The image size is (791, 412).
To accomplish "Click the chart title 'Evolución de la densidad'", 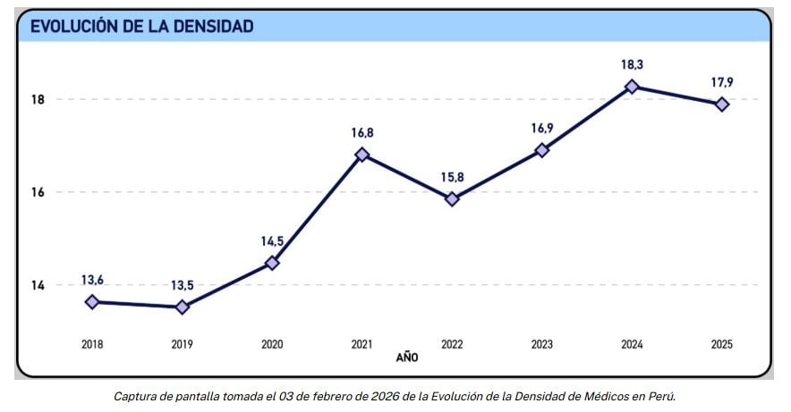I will tap(142, 26).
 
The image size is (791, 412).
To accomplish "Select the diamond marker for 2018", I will tap(92, 302).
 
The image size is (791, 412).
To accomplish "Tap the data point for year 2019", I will tap(183, 307).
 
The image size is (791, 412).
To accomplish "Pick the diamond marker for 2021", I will tap(362, 155).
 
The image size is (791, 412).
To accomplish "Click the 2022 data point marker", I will tap(452, 199).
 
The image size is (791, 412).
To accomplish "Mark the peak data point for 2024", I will tap(632, 87).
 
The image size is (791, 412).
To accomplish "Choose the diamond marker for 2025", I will tap(721, 105).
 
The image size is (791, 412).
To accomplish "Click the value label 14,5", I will tap(272, 240).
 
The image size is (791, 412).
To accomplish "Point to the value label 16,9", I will tap(541, 128).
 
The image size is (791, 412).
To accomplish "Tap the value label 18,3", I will tap(632, 64).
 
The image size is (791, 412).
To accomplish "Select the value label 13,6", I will tap(93, 280).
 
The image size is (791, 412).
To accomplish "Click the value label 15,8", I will tap(452, 177).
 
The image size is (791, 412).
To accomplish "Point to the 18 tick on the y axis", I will tap(38, 99).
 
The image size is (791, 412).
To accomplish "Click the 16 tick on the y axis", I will tap(38, 192).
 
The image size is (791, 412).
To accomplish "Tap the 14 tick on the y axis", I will tap(38, 285).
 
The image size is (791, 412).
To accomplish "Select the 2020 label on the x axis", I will tap(272, 343).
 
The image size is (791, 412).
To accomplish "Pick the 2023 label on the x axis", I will tap(541, 343).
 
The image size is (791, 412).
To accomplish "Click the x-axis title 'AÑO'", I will tap(407, 357).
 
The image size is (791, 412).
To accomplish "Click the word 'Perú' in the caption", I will tap(660, 395).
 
